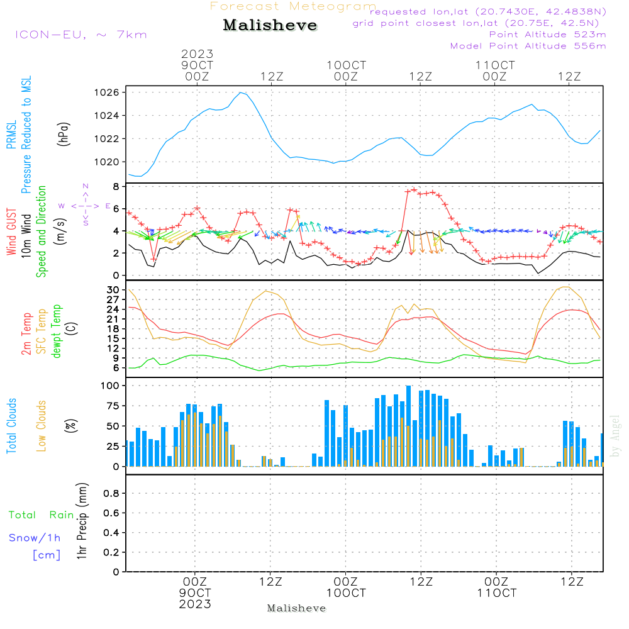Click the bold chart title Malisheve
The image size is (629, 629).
tap(270, 26)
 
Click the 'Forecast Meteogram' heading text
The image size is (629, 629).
tap(293, 6)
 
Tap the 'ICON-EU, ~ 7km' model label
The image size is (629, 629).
tap(81, 35)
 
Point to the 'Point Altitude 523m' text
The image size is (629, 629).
tap(547, 35)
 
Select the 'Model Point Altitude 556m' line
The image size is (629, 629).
tap(528, 46)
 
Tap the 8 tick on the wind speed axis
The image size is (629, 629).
tap(116, 187)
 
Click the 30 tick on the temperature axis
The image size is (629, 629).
tap(113, 290)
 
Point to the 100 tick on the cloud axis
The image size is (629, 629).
tap(111, 385)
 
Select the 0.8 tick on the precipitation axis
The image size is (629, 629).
tap(111, 494)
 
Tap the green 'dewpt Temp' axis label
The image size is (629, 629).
tap(57, 331)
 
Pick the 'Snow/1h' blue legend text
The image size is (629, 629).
tap(35, 538)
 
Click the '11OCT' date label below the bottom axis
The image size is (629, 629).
tap(496, 593)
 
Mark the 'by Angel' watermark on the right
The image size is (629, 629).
tap(615, 437)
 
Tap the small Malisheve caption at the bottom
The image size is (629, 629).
tap(296, 608)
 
